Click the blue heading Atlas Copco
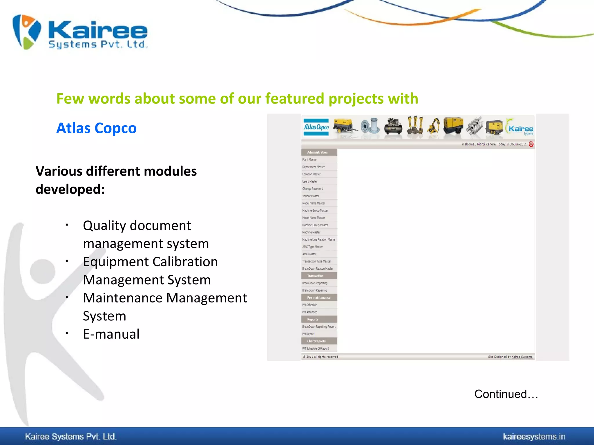(96, 128)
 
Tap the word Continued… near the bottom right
(506, 394)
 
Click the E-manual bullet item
(111, 334)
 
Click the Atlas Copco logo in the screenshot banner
(316, 127)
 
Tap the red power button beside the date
(531, 144)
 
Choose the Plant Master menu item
(309, 160)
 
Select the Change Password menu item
(313, 189)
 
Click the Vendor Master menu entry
(311, 196)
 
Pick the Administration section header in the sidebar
(317, 152)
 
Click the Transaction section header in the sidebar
(315, 276)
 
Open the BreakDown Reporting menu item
(315, 283)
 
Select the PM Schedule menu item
(309, 305)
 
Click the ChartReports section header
(316, 341)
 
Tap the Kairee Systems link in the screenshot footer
(522, 357)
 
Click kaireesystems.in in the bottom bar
(534, 437)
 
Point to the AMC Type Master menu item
(312, 247)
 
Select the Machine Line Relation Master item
(319, 240)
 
